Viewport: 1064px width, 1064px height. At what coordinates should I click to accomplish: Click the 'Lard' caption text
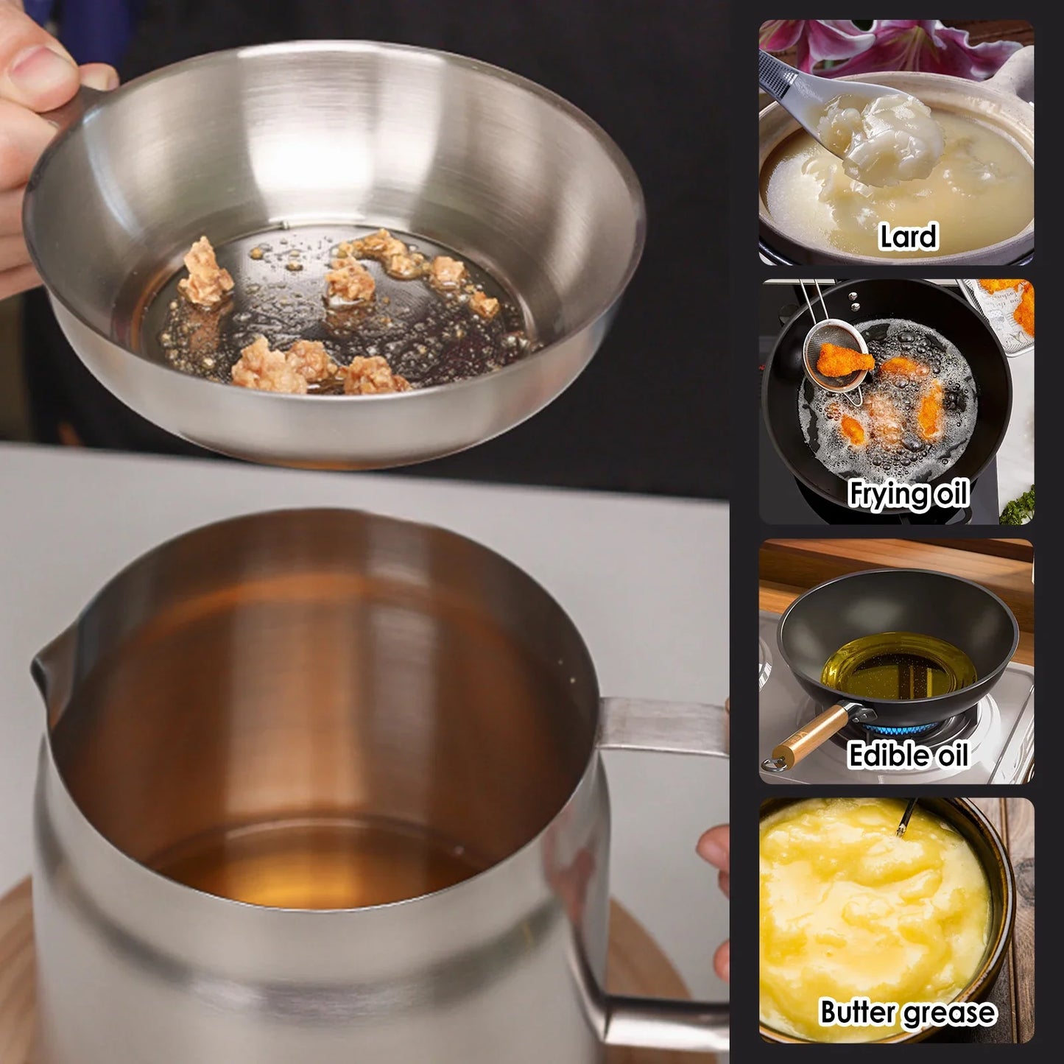[x=907, y=237]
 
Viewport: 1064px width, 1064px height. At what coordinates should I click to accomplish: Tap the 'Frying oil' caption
[x=907, y=493]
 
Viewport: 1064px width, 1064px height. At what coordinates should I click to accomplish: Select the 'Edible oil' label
[x=907, y=755]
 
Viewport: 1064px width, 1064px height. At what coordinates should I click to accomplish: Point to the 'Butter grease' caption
[x=907, y=1012]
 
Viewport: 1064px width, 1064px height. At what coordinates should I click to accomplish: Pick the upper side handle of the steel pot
[x=663, y=725]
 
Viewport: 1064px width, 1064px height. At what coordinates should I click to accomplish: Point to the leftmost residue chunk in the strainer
[x=205, y=273]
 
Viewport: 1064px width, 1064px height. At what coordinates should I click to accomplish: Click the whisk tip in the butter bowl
[x=901, y=828]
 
